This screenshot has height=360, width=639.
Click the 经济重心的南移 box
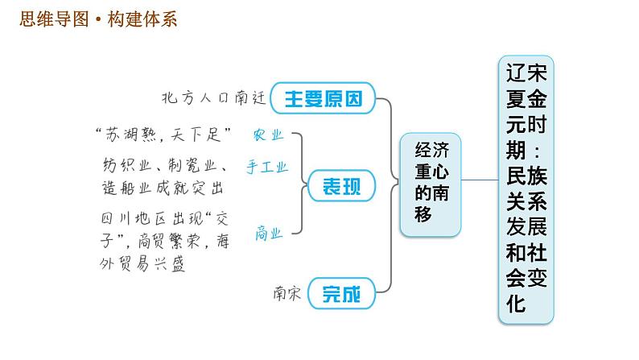click(433, 181)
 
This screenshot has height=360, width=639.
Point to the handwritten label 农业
click(268, 134)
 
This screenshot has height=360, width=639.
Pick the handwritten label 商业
click(269, 234)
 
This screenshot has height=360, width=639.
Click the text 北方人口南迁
click(213, 98)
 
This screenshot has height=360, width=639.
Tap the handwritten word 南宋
click(287, 294)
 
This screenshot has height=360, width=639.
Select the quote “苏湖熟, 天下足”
click(163, 131)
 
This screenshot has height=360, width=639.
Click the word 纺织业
click(120, 167)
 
